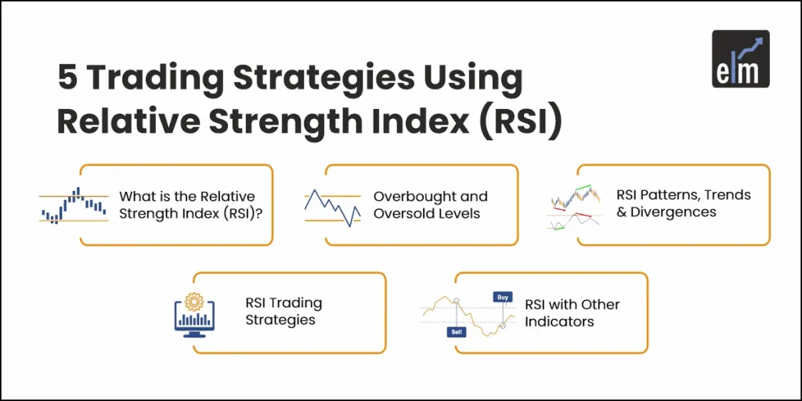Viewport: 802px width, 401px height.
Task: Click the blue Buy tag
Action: pyautogui.click(x=502, y=298)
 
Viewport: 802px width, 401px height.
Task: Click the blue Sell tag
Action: pyautogui.click(x=457, y=331)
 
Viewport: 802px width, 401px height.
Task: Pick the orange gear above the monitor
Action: pyautogui.click(x=193, y=301)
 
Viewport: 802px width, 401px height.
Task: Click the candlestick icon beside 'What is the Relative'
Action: pyautogui.click(x=74, y=205)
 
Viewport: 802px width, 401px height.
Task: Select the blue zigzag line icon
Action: pyautogui.click(x=332, y=207)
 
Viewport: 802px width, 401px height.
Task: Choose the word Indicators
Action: pyautogui.click(x=559, y=321)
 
